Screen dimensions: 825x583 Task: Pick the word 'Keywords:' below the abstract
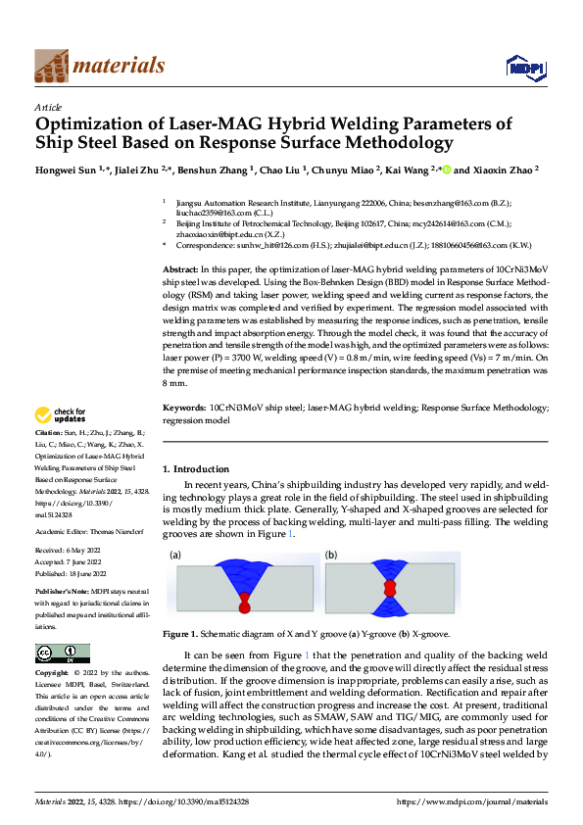click(183, 407)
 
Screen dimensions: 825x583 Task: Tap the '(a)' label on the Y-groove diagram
click(175, 556)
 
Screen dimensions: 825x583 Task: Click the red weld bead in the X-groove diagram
click(390, 588)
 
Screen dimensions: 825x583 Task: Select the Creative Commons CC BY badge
click(62, 654)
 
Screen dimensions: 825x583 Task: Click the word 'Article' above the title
click(48, 107)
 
